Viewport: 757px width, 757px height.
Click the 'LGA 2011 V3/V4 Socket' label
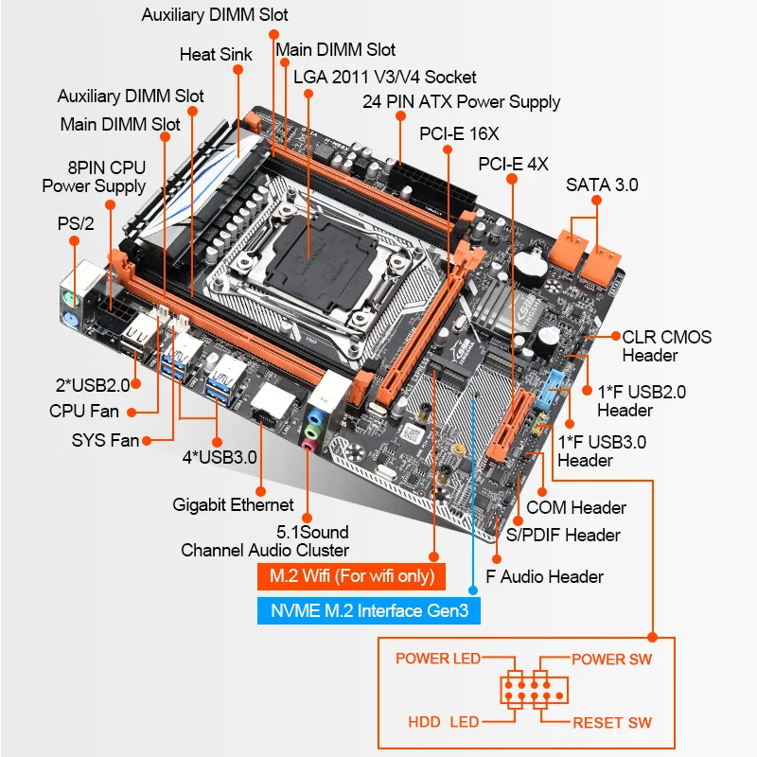[x=384, y=77]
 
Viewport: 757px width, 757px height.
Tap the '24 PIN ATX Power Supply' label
[x=461, y=101]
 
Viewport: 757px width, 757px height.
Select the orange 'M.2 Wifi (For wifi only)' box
[x=351, y=576]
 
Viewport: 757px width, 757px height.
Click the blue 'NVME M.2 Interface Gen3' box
[x=369, y=610]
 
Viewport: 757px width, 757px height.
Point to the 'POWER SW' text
[x=611, y=659]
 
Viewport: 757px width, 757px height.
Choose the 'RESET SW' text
[x=612, y=722]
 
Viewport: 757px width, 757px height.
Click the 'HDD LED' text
[x=444, y=722]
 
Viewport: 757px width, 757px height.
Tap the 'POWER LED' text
[x=438, y=659]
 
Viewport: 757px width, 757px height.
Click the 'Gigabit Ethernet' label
[x=234, y=504]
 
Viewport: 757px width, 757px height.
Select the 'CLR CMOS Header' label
[x=666, y=345]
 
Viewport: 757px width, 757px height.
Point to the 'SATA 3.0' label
[x=602, y=185]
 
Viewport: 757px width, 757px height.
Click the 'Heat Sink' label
[x=216, y=54]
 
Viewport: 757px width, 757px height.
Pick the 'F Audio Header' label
[x=544, y=575]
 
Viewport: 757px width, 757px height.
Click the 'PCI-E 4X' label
[x=513, y=163]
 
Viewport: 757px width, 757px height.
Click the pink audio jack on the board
[x=308, y=440]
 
